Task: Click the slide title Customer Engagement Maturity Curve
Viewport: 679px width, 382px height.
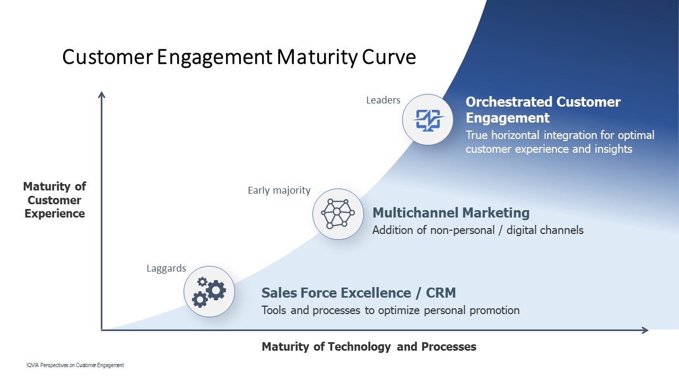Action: tap(239, 57)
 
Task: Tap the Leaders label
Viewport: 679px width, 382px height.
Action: tap(383, 100)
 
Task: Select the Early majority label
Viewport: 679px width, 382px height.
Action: tap(279, 190)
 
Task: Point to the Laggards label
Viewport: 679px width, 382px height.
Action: tap(166, 268)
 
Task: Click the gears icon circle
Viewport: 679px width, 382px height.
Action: tap(209, 292)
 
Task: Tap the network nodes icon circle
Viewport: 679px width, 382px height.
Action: tap(338, 214)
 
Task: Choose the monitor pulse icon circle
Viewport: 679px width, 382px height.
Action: tap(428, 119)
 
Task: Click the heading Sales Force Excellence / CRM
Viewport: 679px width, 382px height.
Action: tap(359, 293)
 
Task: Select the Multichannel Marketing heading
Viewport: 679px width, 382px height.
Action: tap(451, 213)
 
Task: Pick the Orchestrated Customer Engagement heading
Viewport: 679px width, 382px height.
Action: tap(543, 110)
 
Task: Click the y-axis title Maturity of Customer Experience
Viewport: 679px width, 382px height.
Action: tap(55, 200)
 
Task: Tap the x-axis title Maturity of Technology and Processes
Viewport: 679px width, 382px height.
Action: tap(369, 346)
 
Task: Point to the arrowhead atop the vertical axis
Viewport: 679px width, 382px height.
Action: tap(101, 94)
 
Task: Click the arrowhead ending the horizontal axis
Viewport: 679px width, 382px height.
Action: tap(645, 330)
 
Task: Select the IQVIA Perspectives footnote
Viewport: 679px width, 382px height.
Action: tap(75, 366)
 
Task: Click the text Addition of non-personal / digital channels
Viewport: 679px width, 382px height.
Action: tap(478, 230)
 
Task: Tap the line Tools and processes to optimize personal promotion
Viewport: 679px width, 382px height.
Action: tap(390, 310)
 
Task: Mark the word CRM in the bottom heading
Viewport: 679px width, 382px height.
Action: tap(441, 293)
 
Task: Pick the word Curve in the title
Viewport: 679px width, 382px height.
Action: tap(389, 57)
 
